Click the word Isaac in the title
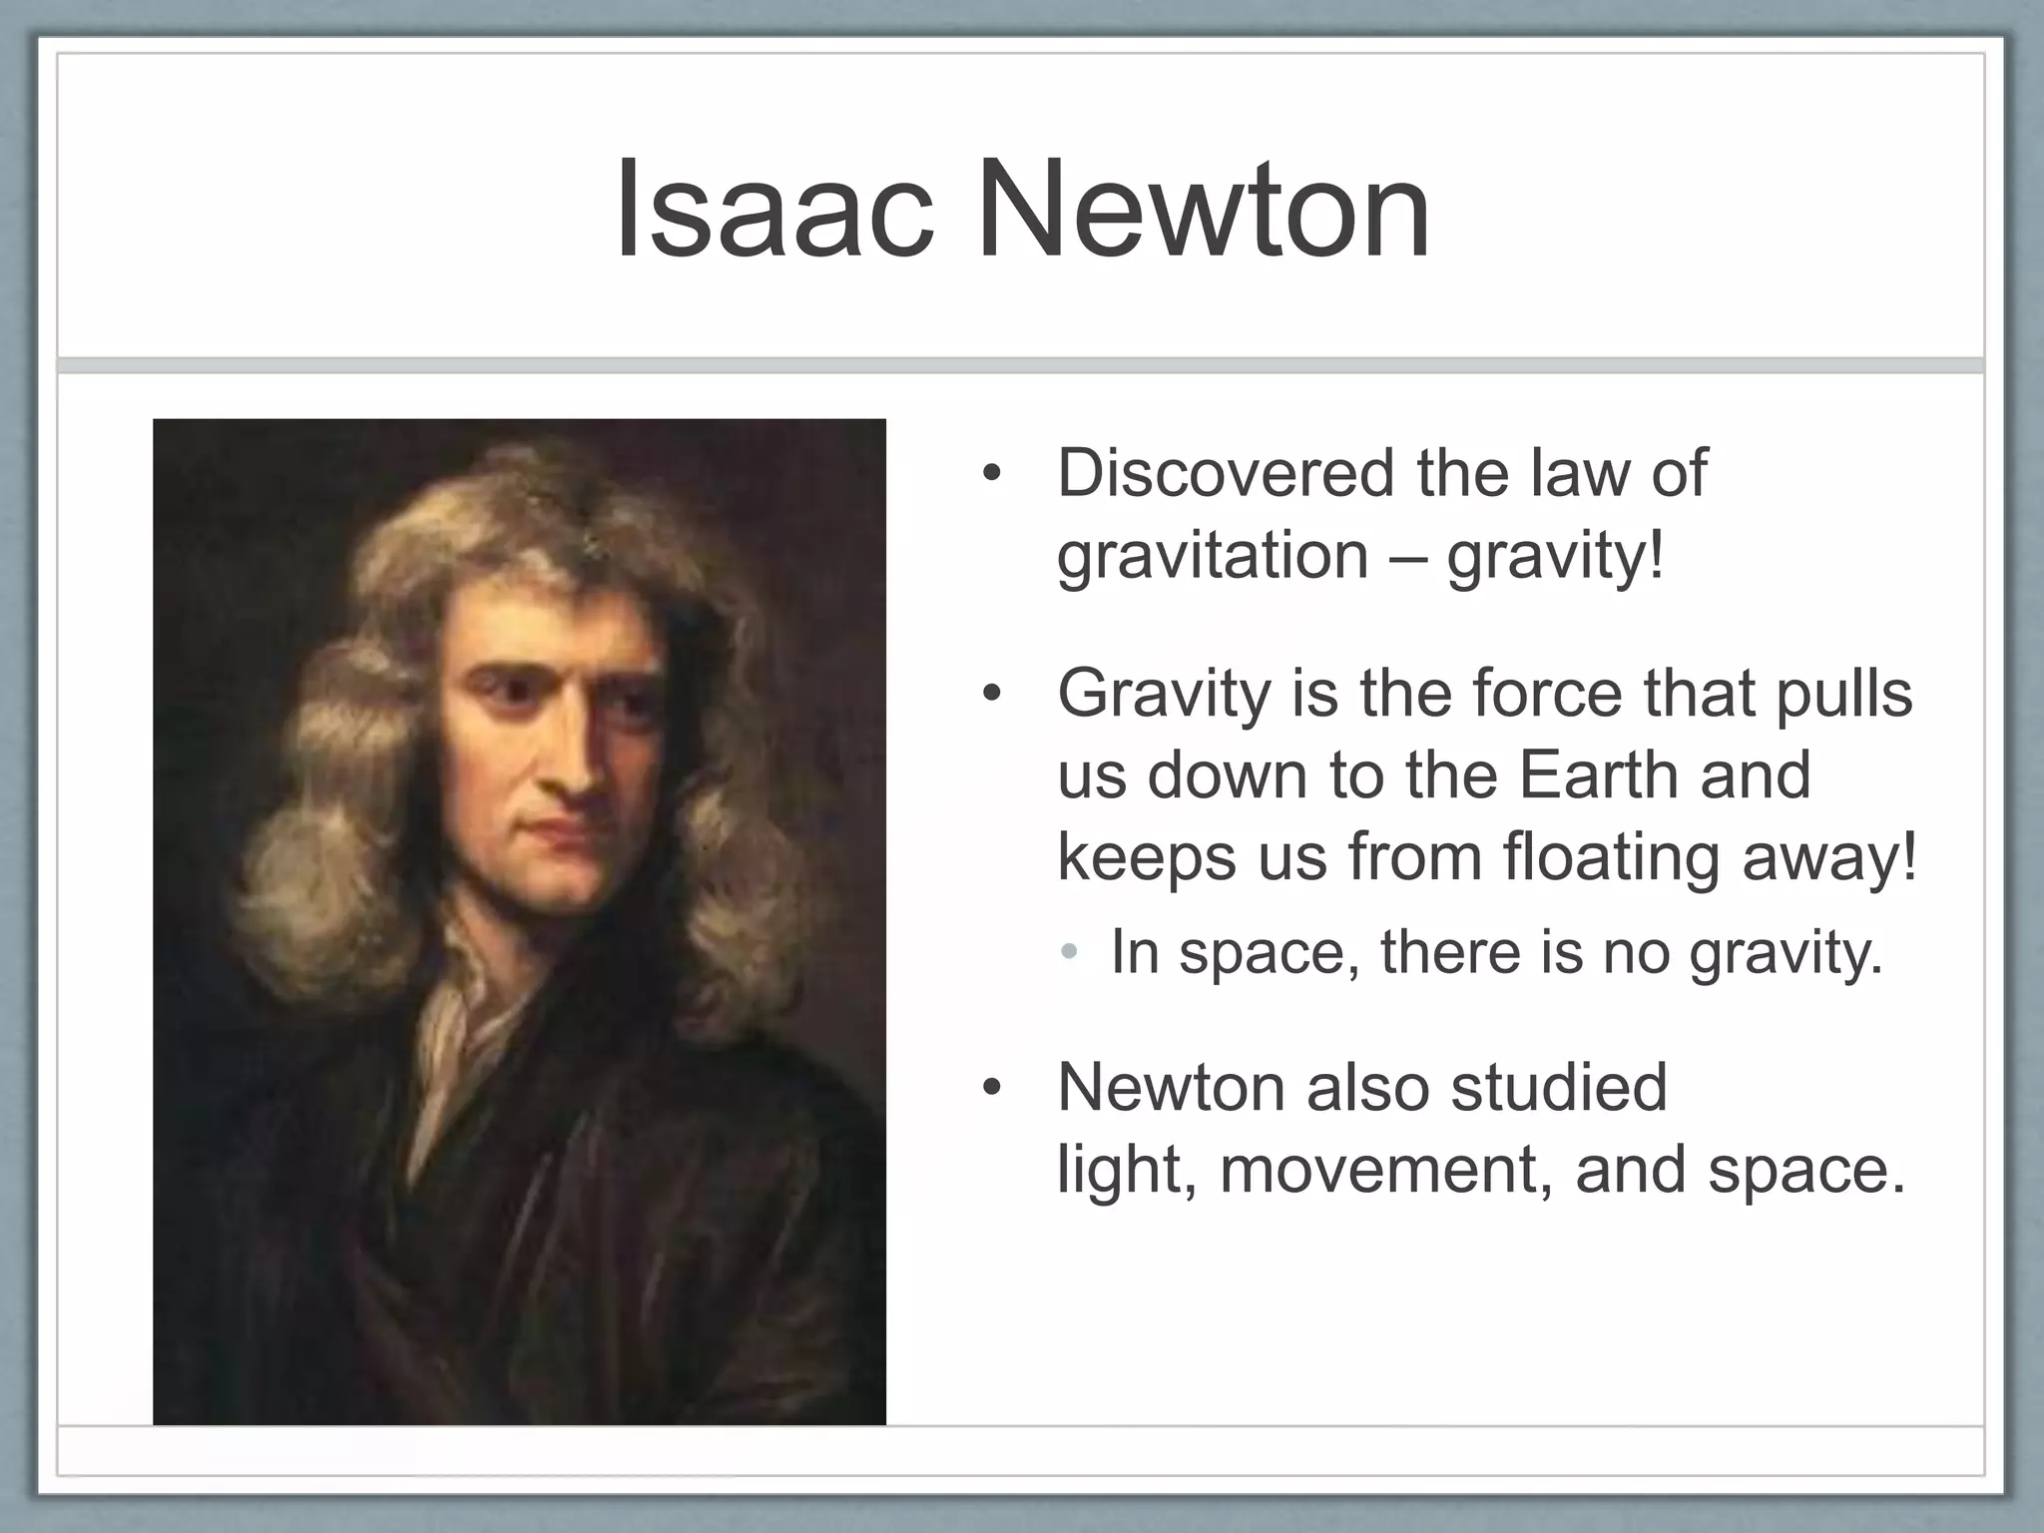(x=774, y=213)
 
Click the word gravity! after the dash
(x=1556, y=556)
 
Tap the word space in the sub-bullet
(x=1262, y=953)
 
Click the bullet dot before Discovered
(x=990, y=475)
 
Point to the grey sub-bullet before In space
(x=1070, y=952)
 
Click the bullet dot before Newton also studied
(x=990, y=1088)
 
